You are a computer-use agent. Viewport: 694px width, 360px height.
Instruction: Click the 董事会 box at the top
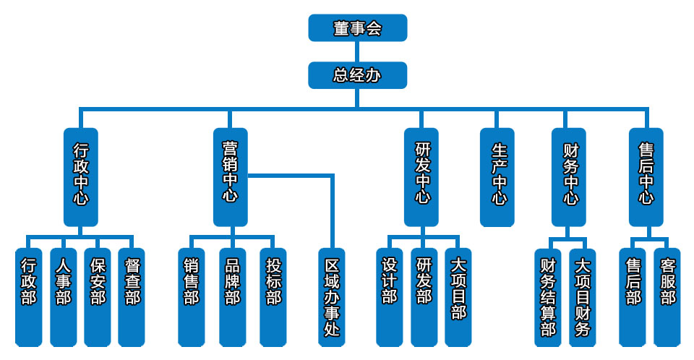pyautogui.click(x=357, y=28)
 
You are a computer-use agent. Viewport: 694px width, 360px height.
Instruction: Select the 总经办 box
pyautogui.click(x=357, y=75)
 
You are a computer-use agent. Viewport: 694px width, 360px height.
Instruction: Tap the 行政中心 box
pyautogui.click(x=80, y=177)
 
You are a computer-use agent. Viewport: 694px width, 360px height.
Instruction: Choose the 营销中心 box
pyautogui.click(x=230, y=177)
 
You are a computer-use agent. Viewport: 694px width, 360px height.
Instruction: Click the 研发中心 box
pyautogui.click(x=422, y=177)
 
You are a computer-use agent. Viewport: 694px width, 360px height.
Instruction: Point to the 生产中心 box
pyautogui.click(x=498, y=177)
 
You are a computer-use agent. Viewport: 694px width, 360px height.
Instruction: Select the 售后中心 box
pyautogui.click(x=646, y=177)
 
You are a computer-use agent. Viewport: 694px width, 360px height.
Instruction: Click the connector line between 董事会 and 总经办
pyautogui.click(x=357, y=51)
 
